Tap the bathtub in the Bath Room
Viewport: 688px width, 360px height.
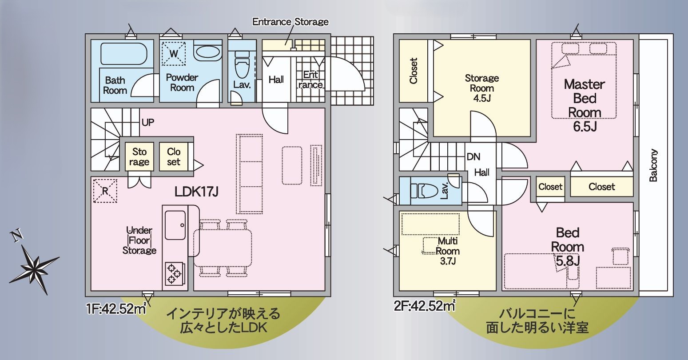(x=123, y=54)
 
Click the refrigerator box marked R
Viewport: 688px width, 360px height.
(x=105, y=191)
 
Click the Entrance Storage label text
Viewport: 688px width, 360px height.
(x=290, y=22)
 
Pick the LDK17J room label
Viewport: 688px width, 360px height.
(x=197, y=192)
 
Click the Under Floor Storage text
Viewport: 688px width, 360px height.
(x=139, y=240)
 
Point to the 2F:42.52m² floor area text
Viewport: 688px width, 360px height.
(x=425, y=306)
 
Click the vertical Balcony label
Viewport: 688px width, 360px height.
(x=653, y=165)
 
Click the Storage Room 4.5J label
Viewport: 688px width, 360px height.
(x=482, y=88)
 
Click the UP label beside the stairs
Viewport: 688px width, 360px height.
(x=148, y=122)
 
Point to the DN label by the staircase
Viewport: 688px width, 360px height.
(x=473, y=157)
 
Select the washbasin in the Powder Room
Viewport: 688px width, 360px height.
(x=207, y=52)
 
